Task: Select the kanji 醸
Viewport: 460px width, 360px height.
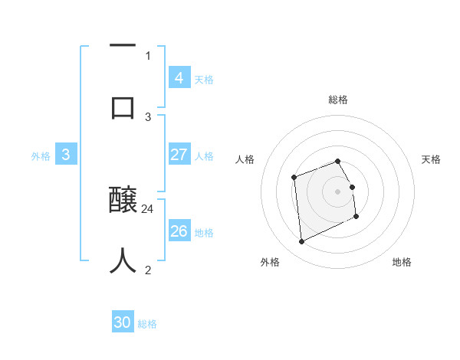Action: [x=123, y=201]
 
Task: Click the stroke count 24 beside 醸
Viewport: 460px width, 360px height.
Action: [x=148, y=208]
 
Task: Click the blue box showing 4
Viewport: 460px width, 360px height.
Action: [x=179, y=78]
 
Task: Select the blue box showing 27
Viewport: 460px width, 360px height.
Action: [x=179, y=155]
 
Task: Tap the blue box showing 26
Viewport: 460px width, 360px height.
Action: [x=179, y=231]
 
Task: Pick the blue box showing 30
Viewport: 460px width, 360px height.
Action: [x=123, y=322]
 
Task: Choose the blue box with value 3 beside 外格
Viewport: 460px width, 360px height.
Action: [x=66, y=155]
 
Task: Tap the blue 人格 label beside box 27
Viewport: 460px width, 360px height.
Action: [x=204, y=156]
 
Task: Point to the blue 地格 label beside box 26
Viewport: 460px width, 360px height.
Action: [x=204, y=233]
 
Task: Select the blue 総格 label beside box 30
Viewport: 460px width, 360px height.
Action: [x=148, y=324]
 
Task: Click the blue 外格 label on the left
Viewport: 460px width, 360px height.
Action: [x=41, y=156]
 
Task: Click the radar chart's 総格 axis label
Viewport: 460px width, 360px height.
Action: [x=338, y=100]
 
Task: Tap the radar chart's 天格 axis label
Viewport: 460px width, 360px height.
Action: [x=432, y=159]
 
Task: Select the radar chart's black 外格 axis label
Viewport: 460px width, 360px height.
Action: [x=270, y=263]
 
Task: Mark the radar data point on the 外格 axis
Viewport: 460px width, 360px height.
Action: [x=301, y=242]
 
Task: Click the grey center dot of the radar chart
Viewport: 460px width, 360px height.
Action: [x=338, y=191]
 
